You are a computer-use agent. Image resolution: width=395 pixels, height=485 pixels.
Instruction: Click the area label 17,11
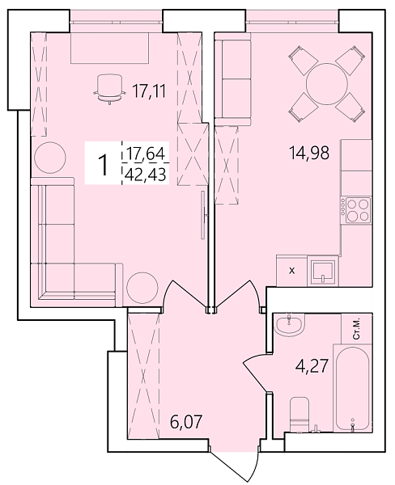click(148, 91)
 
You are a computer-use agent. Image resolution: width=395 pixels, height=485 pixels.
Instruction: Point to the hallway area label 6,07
click(186, 422)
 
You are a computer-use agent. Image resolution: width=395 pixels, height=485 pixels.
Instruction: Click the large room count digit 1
click(104, 164)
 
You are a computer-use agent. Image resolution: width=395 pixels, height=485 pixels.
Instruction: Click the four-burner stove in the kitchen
click(357, 210)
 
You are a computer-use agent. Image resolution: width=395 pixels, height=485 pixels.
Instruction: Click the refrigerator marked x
click(291, 270)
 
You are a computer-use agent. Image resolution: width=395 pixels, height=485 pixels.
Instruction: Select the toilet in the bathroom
click(299, 415)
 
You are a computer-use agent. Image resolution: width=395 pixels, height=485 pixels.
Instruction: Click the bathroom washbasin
click(288, 325)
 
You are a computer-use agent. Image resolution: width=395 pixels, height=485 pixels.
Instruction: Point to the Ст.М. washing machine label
click(357, 327)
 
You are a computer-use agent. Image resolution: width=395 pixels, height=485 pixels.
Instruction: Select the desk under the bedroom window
click(110, 48)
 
